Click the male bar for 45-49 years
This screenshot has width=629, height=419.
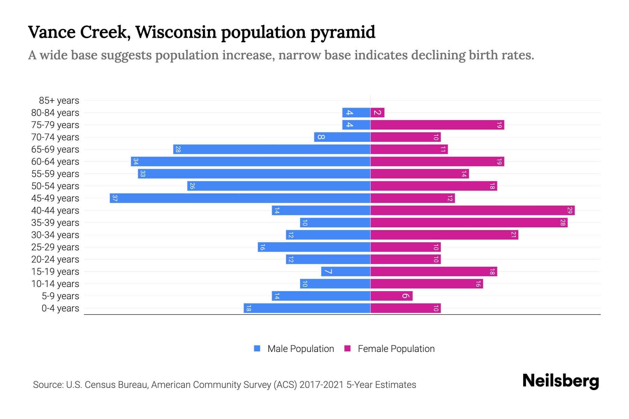(240, 198)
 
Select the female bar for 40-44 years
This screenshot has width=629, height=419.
(472, 211)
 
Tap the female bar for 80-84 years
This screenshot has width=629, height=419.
(377, 113)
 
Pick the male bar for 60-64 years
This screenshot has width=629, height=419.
(251, 162)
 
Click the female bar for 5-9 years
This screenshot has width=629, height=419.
(391, 296)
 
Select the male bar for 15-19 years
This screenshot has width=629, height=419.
(346, 272)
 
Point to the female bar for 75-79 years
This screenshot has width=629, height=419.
(437, 125)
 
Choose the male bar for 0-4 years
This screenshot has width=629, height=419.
(307, 308)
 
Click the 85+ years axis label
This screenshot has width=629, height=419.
(59, 101)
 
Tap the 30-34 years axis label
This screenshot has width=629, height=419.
(55, 235)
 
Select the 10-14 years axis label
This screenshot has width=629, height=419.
(55, 284)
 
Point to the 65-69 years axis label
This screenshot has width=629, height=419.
(55, 149)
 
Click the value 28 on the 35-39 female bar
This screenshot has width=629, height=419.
(563, 223)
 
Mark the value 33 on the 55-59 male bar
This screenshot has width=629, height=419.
(143, 174)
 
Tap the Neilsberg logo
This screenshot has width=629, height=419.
(561, 381)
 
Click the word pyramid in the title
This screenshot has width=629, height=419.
(343, 32)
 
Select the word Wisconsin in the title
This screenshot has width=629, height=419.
(176, 32)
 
